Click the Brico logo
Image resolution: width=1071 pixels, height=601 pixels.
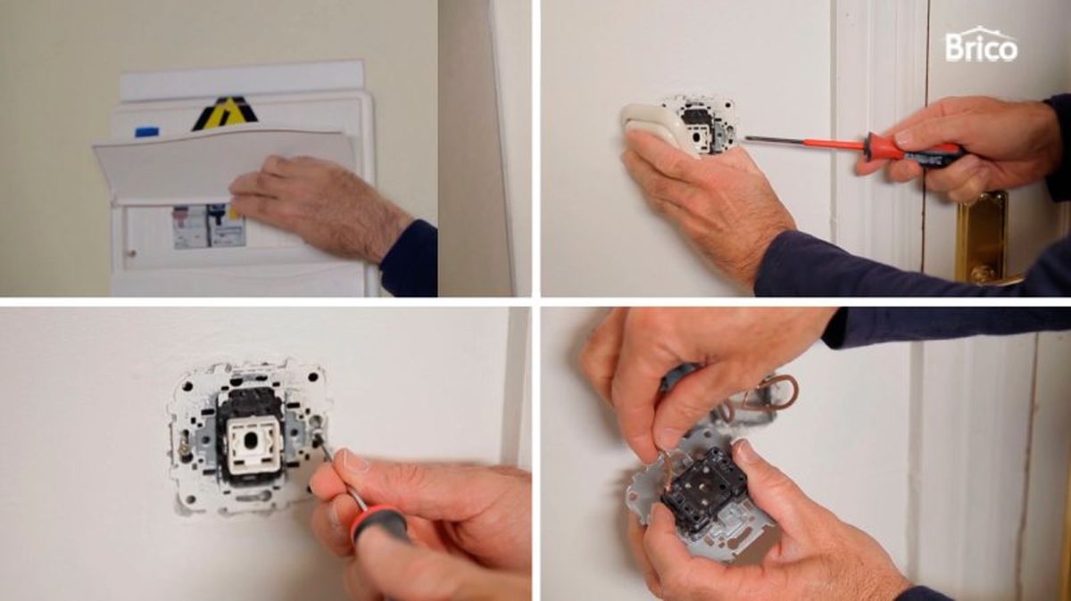(x=981, y=45)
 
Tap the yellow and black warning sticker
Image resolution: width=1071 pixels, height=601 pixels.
(x=225, y=114)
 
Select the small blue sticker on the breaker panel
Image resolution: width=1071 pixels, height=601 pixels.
(x=146, y=132)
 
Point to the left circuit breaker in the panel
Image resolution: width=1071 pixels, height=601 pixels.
(x=189, y=226)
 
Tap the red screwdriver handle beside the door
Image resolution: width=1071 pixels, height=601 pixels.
(x=901, y=147)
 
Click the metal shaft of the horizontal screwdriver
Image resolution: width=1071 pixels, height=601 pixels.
(x=785, y=140)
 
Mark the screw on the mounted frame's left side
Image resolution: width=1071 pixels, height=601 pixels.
(x=183, y=444)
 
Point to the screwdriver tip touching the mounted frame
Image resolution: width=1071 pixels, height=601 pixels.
(x=319, y=440)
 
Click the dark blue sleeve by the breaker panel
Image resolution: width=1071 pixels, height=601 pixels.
(x=409, y=259)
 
